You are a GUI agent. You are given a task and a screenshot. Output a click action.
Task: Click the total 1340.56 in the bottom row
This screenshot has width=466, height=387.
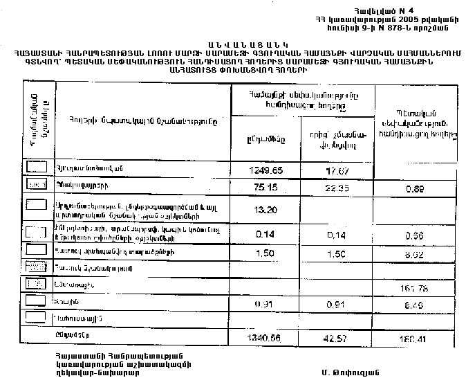coord(267,337)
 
